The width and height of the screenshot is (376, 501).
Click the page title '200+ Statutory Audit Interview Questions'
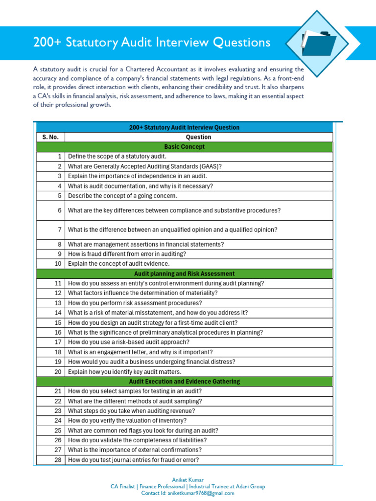151,43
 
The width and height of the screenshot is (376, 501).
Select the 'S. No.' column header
50,137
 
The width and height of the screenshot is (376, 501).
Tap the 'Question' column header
198,137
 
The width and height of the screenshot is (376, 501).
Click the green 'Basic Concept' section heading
185,147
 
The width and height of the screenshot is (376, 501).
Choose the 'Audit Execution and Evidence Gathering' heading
185,381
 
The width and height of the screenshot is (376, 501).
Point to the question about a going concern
122,196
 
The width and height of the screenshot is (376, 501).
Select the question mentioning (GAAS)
145,166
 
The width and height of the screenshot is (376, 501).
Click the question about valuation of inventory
127,420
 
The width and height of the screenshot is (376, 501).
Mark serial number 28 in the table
58,459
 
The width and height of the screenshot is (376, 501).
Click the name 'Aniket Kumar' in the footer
188,480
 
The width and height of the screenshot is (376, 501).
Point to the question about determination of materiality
143,293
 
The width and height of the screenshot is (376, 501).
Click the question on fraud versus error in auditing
127,254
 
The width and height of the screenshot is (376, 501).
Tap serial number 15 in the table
58,322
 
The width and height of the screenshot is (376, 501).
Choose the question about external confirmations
135,450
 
